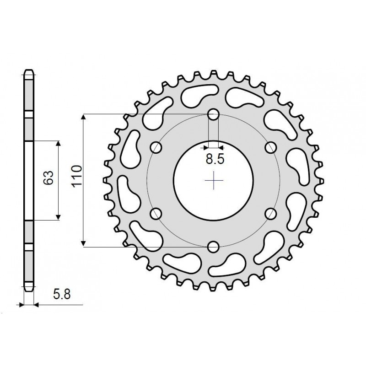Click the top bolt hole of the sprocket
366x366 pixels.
[x=213, y=114]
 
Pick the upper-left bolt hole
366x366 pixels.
[x=156, y=147]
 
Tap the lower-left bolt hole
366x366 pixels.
[x=156, y=214]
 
